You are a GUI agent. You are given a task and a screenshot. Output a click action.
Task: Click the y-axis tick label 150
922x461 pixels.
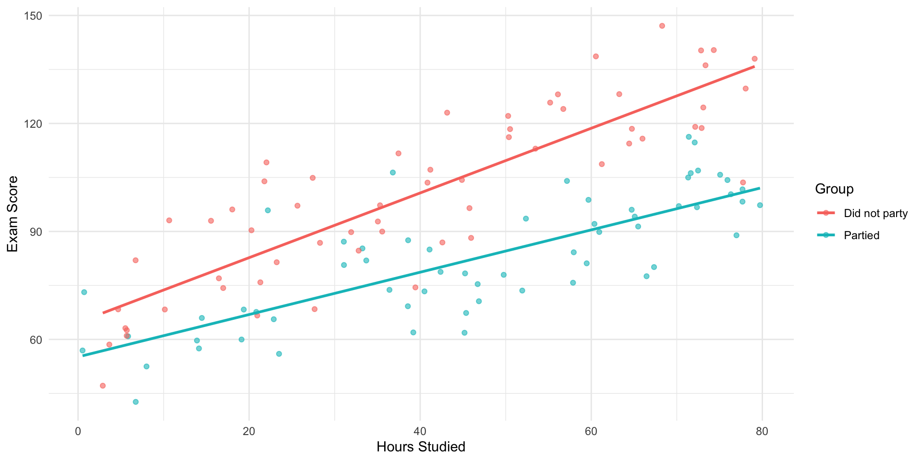[34, 16]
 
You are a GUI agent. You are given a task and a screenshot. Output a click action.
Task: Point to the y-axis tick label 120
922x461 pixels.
[34, 124]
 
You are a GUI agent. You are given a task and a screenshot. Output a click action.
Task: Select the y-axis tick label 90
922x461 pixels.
[36, 232]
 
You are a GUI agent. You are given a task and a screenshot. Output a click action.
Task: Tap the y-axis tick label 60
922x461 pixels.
[36, 340]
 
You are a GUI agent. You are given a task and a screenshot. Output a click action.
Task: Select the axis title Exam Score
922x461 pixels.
[13, 214]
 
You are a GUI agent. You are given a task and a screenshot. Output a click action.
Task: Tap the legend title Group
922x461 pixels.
[834, 189]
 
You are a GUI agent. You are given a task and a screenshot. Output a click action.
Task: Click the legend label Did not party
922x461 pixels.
[875, 214]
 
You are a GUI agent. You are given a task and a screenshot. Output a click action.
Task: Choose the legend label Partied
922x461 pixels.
[861, 235]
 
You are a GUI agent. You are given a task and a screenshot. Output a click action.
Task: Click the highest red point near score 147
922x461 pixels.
[662, 26]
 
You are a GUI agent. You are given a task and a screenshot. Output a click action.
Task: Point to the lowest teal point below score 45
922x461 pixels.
[136, 402]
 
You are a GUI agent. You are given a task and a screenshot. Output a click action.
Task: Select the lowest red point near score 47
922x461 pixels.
[102, 386]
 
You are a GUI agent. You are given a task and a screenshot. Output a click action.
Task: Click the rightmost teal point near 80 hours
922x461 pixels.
[760, 205]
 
